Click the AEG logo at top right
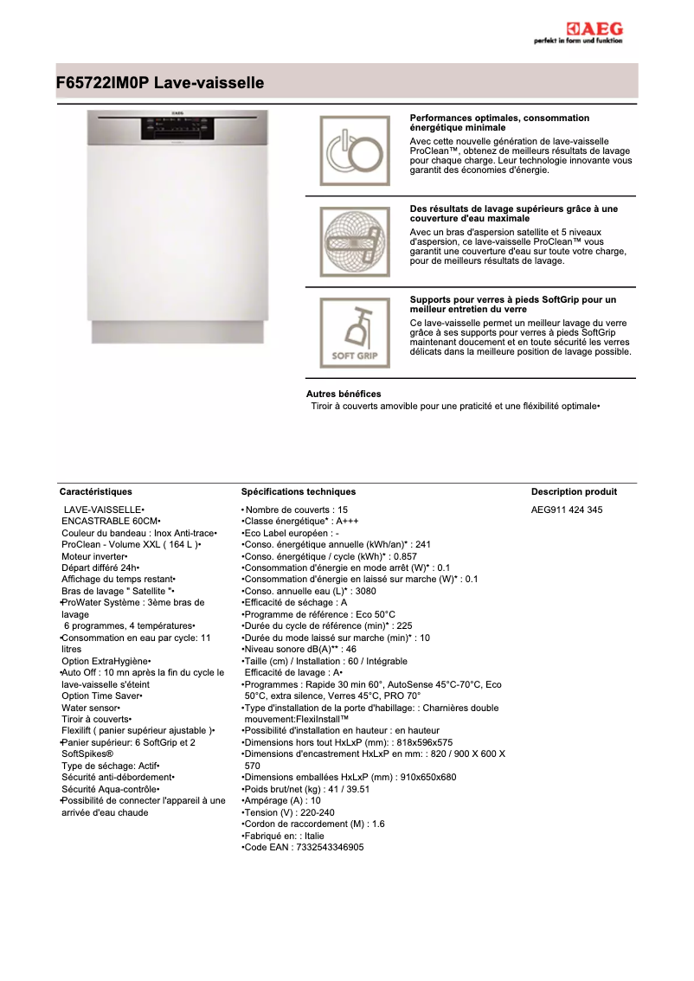pyautogui.click(x=594, y=29)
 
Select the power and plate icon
pyautogui.click(x=355, y=151)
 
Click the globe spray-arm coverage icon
pyautogui.click(x=355, y=241)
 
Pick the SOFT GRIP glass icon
pyautogui.click(x=355, y=332)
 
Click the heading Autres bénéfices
pyautogui.click(x=344, y=394)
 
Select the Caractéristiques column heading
pyautogui.click(x=95, y=491)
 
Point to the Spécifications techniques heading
pyautogui.click(x=299, y=491)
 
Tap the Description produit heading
pyautogui.click(x=574, y=491)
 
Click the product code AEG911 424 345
pyautogui.click(x=567, y=510)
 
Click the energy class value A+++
pyautogui.click(x=347, y=522)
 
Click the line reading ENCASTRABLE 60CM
pyautogui.click(x=110, y=522)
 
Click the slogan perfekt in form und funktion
pyautogui.click(x=578, y=42)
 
